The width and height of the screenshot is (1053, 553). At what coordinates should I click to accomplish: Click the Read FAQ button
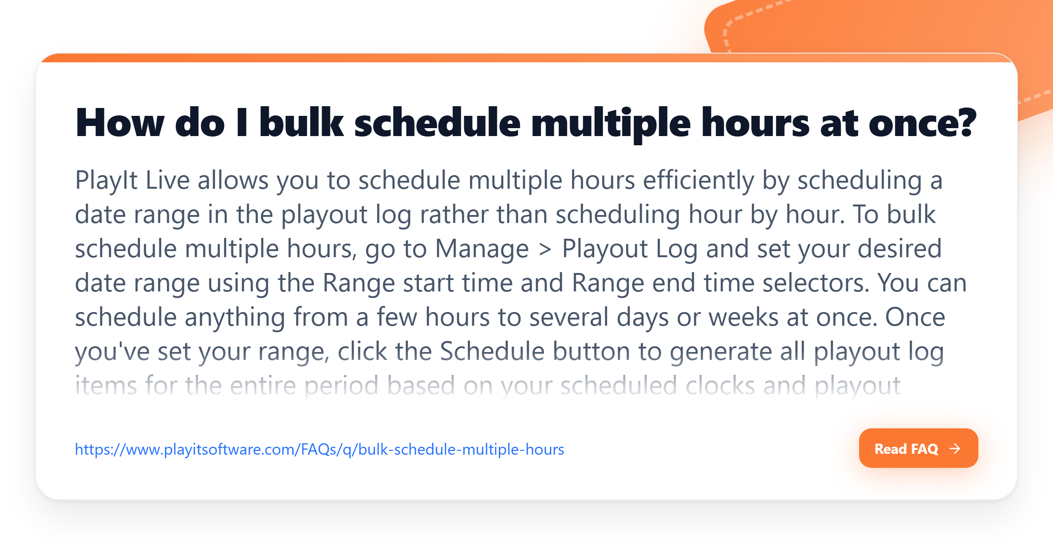pyautogui.click(x=918, y=448)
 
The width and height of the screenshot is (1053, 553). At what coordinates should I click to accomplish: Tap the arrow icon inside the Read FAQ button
pyautogui.click(x=955, y=449)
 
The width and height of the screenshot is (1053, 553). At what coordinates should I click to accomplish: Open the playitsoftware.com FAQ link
pyautogui.click(x=319, y=449)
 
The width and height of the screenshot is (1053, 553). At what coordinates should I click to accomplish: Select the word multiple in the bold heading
pyautogui.click(x=611, y=124)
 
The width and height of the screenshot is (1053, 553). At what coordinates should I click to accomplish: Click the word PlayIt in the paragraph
pyautogui.click(x=107, y=180)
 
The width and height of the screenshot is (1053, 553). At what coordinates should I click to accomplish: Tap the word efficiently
pyautogui.click(x=698, y=180)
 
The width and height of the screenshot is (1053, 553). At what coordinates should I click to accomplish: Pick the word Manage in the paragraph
pyautogui.click(x=482, y=249)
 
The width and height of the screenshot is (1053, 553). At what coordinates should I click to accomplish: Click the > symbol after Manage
pyautogui.click(x=545, y=249)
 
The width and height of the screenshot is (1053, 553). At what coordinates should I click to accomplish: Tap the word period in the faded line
pyautogui.click(x=341, y=386)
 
